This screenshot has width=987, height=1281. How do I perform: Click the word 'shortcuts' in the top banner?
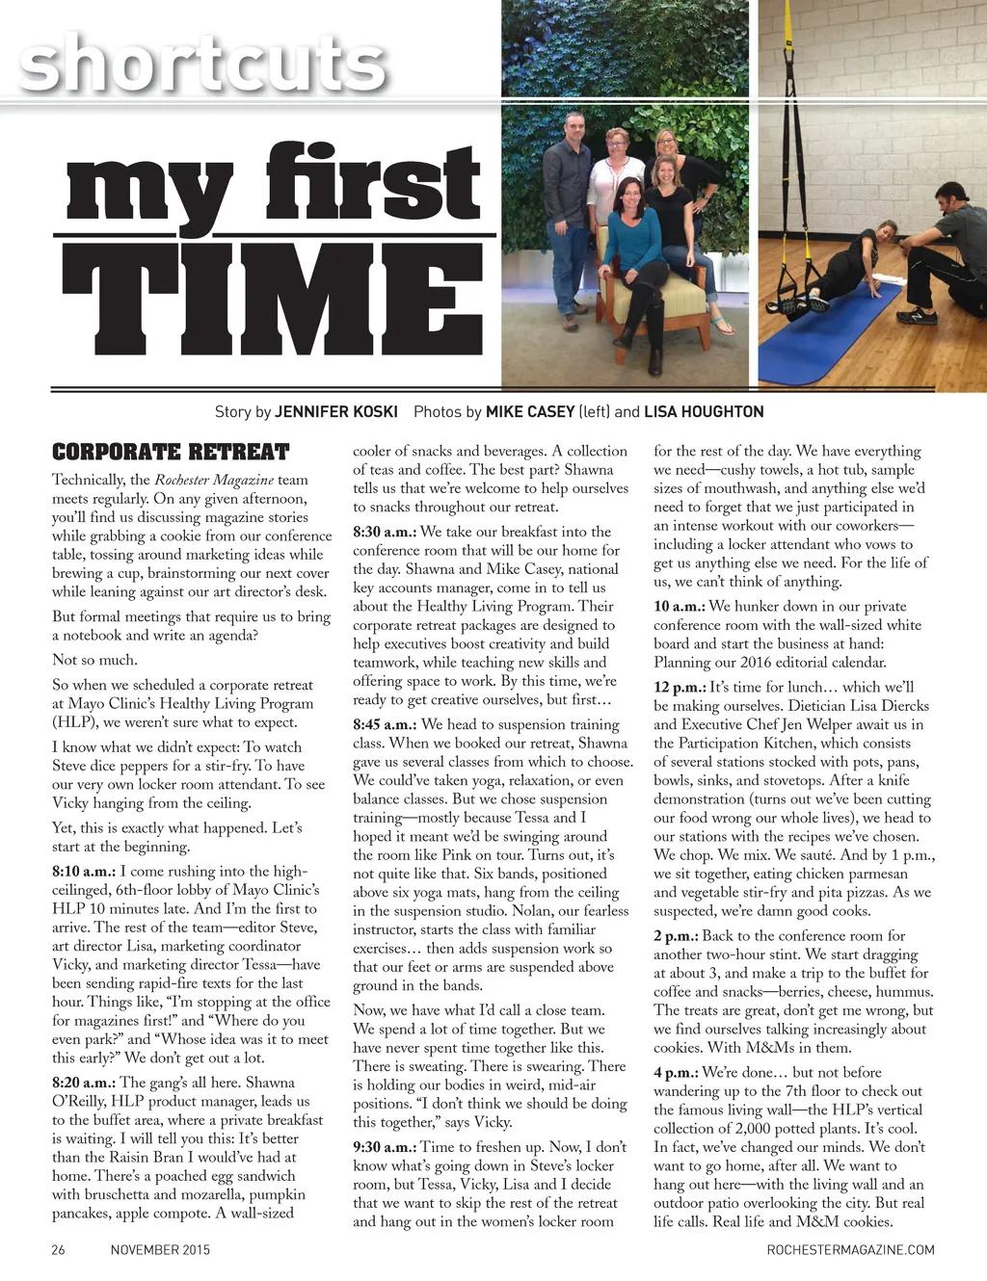point(202,64)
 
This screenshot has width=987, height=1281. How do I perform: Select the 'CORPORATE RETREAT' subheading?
point(171,452)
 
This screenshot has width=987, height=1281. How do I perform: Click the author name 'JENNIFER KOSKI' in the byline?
point(336,412)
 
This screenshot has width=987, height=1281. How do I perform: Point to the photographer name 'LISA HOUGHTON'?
point(704,412)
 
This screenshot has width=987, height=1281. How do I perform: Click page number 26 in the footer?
point(58,1250)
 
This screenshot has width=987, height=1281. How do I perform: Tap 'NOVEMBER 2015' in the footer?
point(160,1250)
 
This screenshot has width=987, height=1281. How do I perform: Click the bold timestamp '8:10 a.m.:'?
point(84,872)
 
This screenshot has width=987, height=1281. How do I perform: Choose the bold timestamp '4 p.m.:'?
point(676,1072)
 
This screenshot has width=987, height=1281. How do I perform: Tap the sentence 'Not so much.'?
point(94,660)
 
